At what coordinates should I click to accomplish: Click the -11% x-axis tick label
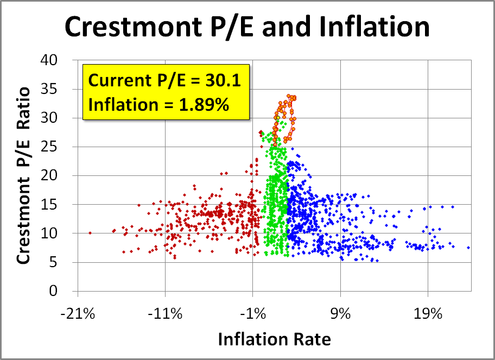click(x=165, y=314)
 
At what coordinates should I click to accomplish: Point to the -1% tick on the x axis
click(x=253, y=314)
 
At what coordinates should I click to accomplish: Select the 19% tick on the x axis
click(x=428, y=314)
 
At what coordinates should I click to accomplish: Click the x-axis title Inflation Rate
click(x=274, y=339)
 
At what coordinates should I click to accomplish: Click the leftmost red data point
click(x=90, y=233)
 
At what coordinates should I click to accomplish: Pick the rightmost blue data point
click(x=468, y=247)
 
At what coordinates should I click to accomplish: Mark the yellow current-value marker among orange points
click(x=277, y=117)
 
